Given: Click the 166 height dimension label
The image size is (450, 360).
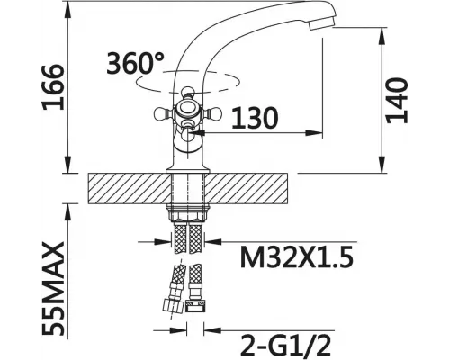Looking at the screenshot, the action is [53, 87].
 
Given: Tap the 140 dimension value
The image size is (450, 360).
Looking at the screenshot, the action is [397, 101].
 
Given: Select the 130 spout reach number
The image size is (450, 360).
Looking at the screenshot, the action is [255, 118].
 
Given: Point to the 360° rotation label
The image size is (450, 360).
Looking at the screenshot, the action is [135, 63].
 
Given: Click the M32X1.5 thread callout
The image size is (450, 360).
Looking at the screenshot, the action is [297, 257].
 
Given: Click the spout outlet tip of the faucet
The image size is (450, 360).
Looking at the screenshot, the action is [321, 23].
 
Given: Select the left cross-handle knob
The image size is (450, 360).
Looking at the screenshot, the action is [162, 114].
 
